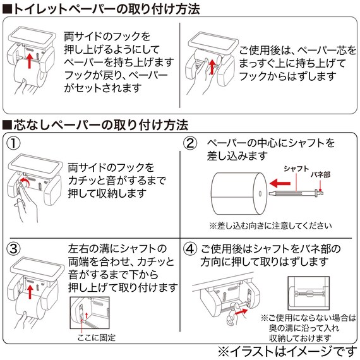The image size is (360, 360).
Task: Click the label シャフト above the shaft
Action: (x=296, y=168)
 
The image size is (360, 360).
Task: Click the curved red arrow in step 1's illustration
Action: (x=25, y=183)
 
